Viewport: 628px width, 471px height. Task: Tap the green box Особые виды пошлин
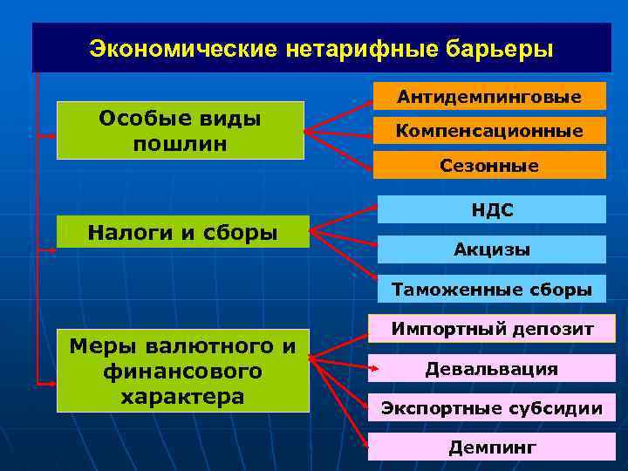tap(180, 130)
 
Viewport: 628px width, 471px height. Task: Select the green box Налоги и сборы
tap(182, 232)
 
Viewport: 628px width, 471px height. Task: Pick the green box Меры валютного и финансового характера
tap(182, 371)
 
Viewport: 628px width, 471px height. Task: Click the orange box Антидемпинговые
tap(489, 96)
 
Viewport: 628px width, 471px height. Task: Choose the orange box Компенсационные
tap(489, 131)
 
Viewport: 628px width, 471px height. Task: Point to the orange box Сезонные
tap(489, 165)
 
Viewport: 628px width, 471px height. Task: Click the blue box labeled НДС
tap(491, 209)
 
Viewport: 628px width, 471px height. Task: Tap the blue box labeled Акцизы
tap(491, 249)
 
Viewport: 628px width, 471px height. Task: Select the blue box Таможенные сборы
tap(491, 289)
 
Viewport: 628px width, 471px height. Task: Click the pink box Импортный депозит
tap(491, 329)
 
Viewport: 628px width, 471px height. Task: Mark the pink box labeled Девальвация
tap(491, 368)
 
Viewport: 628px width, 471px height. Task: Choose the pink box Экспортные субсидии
tap(491, 407)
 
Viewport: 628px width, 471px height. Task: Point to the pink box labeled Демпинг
tap(491, 447)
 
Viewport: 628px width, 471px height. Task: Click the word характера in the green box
tap(182, 395)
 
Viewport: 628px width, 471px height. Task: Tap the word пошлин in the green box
tap(180, 142)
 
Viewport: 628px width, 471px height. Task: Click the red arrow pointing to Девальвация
tap(345, 365)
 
